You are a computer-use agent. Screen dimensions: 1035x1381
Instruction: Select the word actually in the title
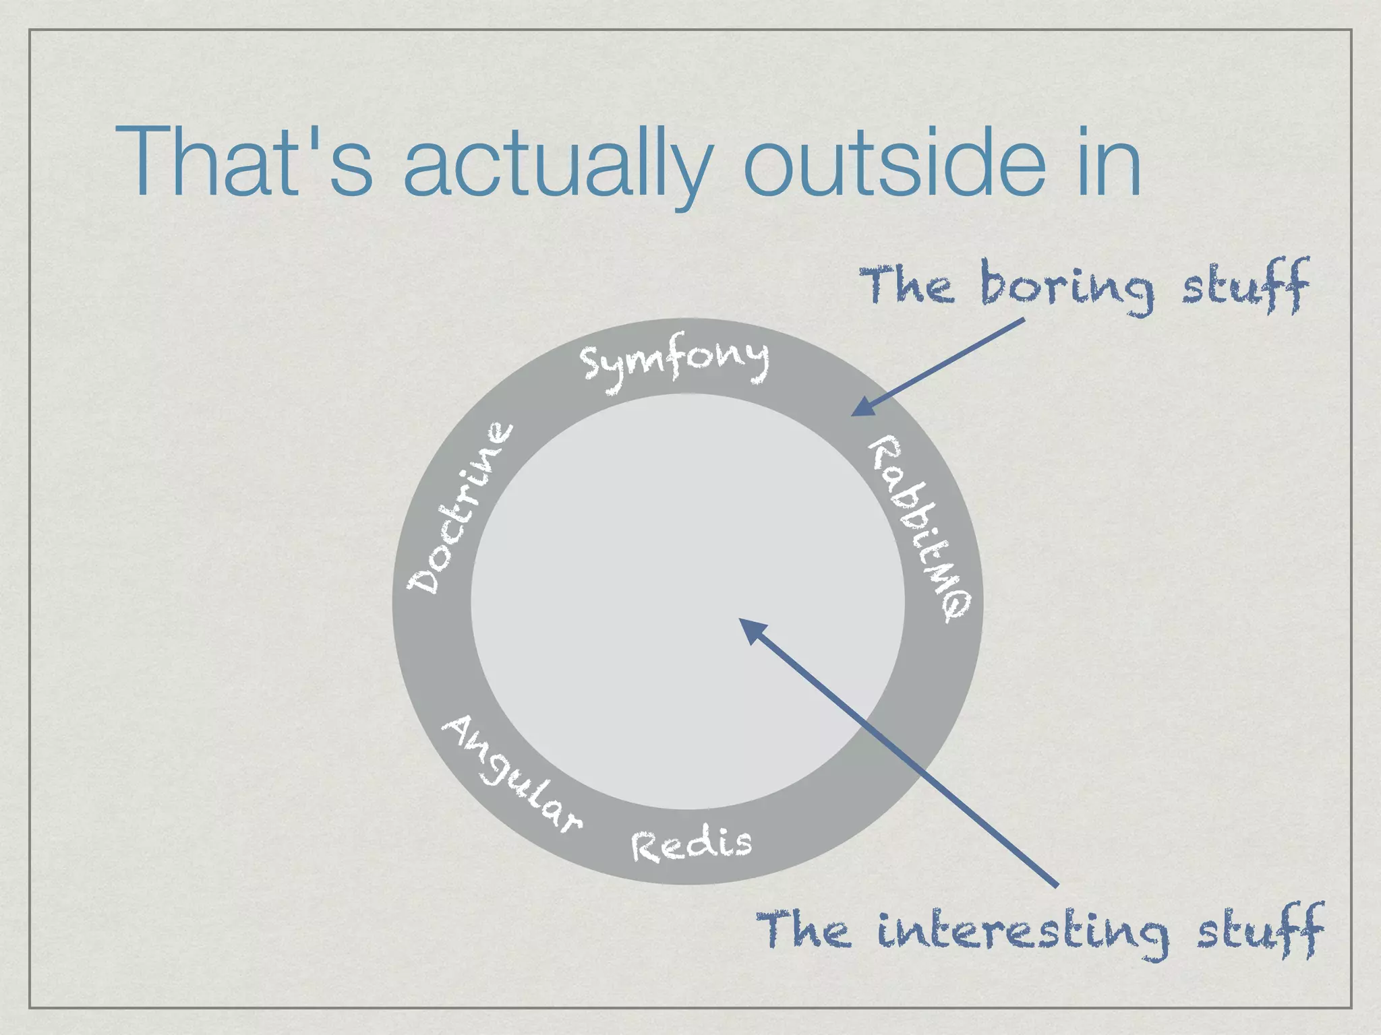557,166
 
